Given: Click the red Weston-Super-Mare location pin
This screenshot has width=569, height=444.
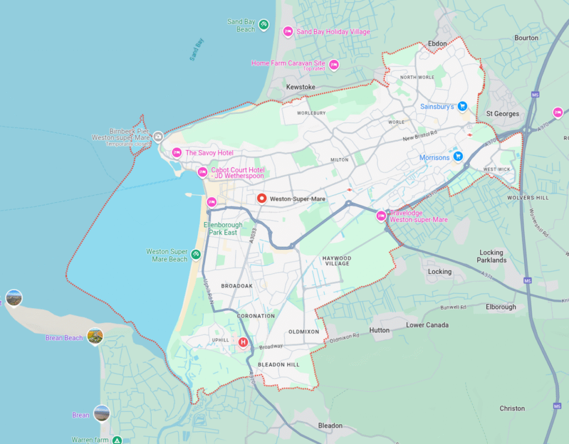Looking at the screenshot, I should (x=262, y=198).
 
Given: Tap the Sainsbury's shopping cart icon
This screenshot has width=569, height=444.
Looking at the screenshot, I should (x=462, y=106).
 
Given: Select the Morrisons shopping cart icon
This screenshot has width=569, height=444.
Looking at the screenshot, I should (x=457, y=157).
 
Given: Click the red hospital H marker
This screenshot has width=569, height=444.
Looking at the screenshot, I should (x=243, y=342).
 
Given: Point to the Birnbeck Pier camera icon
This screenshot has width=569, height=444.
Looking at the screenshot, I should (x=158, y=136).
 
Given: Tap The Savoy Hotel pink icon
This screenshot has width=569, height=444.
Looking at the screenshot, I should (x=177, y=153).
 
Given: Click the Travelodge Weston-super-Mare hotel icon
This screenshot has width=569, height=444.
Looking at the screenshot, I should (x=381, y=216).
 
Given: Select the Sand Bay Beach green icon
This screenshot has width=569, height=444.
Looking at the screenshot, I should (x=264, y=24).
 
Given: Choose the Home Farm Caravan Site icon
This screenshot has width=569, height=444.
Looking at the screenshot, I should (x=334, y=65).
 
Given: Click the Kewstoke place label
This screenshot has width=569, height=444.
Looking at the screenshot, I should (x=301, y=87).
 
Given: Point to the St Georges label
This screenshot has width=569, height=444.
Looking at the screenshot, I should (x=502, y=114).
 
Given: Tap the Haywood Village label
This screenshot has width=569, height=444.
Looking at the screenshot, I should (x=337, y=261).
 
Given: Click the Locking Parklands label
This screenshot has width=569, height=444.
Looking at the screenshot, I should (x=491, y=256).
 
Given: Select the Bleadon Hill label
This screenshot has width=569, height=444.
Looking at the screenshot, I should (x=278, y=365).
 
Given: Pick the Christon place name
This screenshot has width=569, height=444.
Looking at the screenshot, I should (x=512, y=408).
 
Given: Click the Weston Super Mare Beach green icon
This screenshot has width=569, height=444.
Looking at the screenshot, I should (x=196, y=255).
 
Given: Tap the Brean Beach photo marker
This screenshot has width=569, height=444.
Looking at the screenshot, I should (x=95, y=336).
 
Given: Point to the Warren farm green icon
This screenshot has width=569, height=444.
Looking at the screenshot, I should (x=117, y=440).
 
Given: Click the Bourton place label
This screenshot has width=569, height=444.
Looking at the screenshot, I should (x=526, y=38).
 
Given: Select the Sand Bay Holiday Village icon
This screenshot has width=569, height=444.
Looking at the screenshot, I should (x=288, y=32).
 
